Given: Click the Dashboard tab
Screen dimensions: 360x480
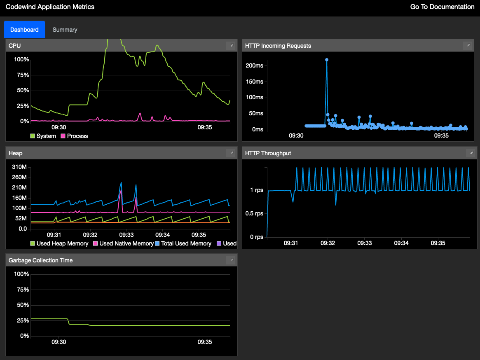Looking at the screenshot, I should (24, 30).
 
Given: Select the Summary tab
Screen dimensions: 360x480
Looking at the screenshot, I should (65, 30).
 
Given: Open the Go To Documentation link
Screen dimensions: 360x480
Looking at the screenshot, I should (442, 7).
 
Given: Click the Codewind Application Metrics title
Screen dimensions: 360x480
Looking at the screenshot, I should (50, 7).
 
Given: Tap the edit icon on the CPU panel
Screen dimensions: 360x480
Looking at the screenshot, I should (231, 45).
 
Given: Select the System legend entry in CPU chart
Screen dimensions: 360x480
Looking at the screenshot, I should (43, 136).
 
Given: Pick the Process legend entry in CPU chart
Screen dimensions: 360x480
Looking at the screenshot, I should (74, 136).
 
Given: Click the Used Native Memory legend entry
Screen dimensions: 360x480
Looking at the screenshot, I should (123, 243).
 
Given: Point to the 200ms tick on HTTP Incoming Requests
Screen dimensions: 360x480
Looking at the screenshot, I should (254, 65).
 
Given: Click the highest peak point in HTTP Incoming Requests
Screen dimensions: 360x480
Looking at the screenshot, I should (327, 60).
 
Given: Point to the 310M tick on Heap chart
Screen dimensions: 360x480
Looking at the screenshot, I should (19, 167).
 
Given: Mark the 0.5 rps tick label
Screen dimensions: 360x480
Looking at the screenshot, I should (254, 213).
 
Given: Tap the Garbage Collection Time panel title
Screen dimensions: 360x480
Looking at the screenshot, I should (40, 260).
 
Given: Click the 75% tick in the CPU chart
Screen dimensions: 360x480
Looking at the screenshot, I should (21, 75).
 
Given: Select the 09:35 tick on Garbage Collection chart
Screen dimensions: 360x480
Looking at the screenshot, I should (205, 342).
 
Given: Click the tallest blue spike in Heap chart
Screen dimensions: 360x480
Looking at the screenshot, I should (121, 182).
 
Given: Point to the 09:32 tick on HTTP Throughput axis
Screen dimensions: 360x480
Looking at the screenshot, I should (328, 243).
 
